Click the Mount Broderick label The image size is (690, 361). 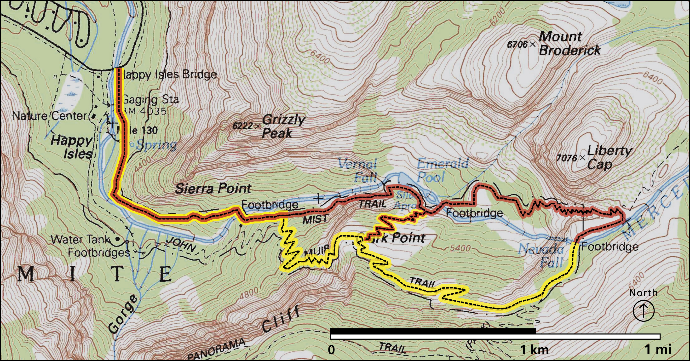pos(569,43)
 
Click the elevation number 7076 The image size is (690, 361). pos(567,158)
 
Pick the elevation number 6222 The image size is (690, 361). pos(242,126)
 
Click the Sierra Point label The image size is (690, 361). pos(213,189)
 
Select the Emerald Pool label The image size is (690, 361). pos(442,170)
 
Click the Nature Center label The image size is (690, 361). pos(50,116)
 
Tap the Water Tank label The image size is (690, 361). pos(80,239)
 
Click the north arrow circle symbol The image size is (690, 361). pos(643,311)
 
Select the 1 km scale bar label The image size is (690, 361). pos(534,350)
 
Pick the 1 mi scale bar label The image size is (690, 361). pos(658,350)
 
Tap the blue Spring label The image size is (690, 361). pos(156,145)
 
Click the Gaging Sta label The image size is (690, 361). pos(150,100)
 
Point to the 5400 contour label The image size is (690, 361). pos(460,248)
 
